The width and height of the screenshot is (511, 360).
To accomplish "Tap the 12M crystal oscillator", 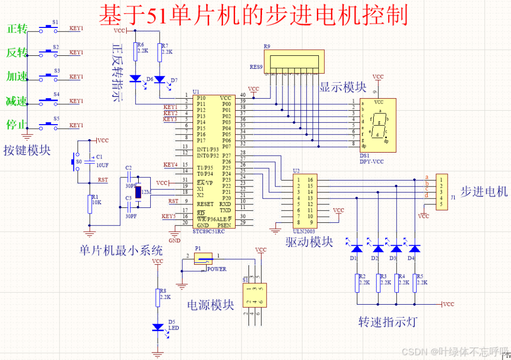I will click(x=139, y=192).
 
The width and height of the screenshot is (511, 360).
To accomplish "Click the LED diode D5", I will click(x=159, y=328).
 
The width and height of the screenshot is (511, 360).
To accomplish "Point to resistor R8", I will click(x=158, y=297).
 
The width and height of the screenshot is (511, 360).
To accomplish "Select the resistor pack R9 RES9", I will click(x=293, y=62).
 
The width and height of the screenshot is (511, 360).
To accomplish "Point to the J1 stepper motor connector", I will click(x=442, y=191).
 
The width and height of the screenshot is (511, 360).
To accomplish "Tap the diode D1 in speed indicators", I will click(x=357, y=248).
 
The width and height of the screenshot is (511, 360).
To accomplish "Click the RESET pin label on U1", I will click(x=206, y=204).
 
